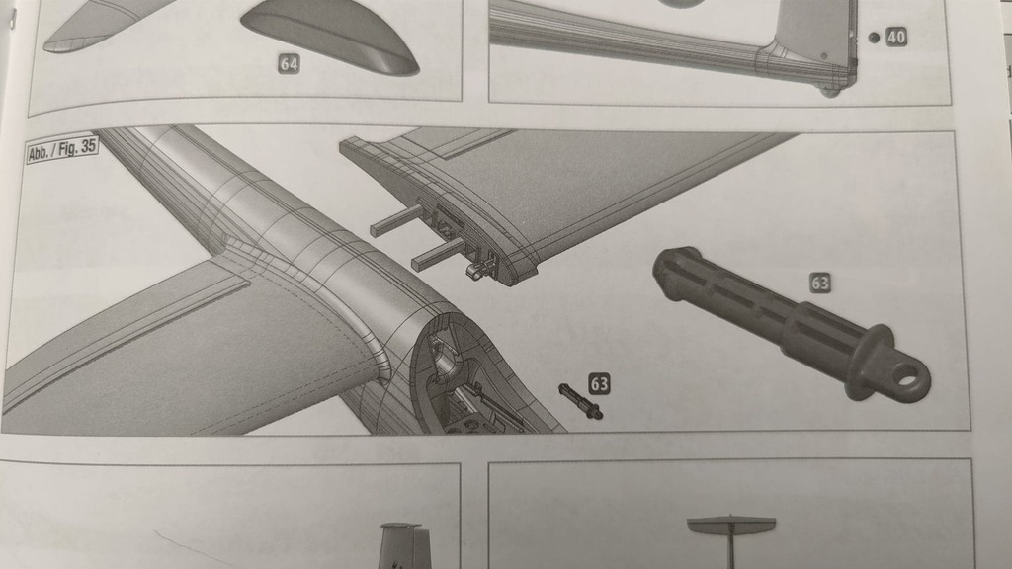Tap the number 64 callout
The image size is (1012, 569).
pyautogui.click(x=289, y=64)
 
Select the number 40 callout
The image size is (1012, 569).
pyautogui.click(x=896, y=38)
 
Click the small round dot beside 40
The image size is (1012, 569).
pyautogui.click(x=874, y=38)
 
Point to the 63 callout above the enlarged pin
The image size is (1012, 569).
pyautogui.click(x=820, y=283)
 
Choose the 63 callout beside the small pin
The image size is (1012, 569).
pyautogui.click(x=599, y=383)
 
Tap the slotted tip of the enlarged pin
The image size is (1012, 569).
pyautogui.click(x=668, y=268)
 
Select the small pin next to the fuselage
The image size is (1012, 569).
pyautogui.click(x=580, y=401)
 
